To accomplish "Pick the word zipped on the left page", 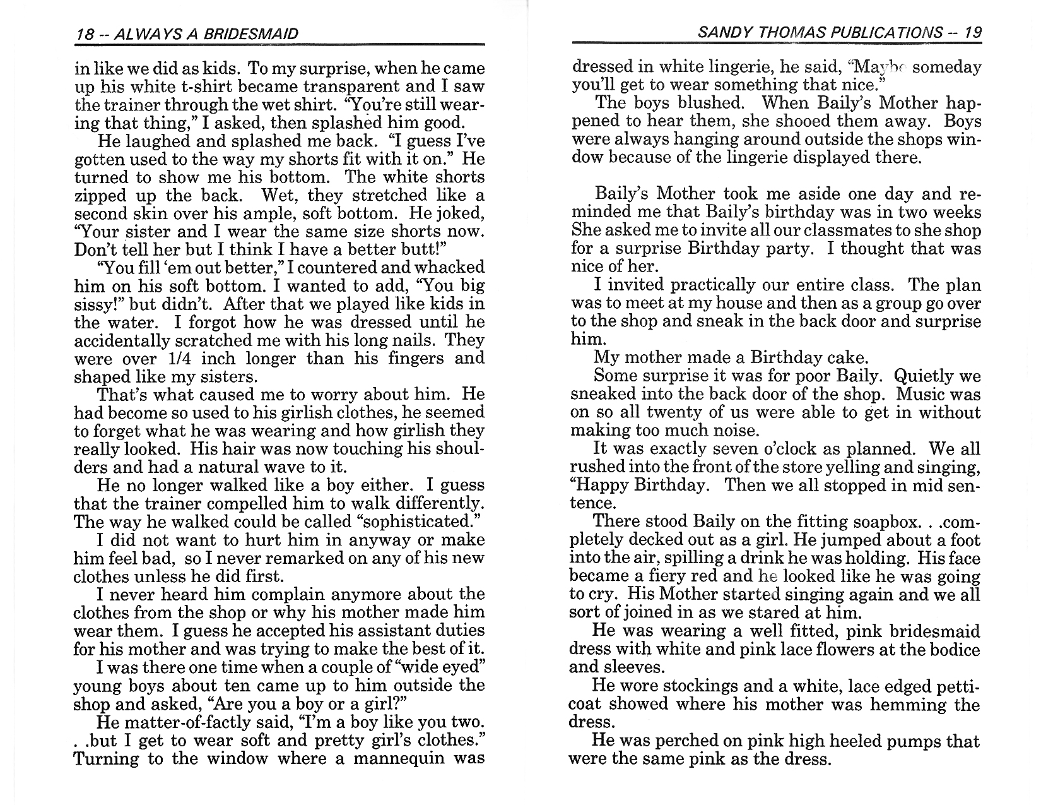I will [x=97, y=195].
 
